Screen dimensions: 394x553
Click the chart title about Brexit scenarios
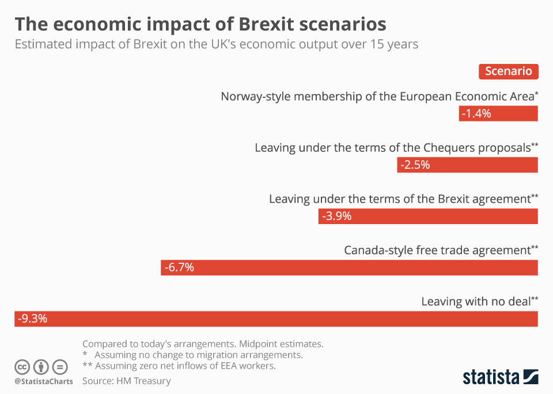[200, 24]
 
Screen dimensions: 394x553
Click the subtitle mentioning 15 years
[216, 44]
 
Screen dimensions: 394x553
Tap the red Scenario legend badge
[508, 71]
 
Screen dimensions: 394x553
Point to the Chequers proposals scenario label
[396, 148]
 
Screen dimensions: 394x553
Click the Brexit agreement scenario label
[403, 199]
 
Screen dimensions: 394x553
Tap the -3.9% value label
[337, 217]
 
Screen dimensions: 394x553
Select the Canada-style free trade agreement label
[441, 251]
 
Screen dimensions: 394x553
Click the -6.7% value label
[179, 267]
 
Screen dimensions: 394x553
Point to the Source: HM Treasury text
[127, 381]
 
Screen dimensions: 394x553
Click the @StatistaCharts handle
[44, 381]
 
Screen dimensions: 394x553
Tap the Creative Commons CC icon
[22, 367]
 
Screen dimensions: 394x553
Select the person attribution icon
[41, 367]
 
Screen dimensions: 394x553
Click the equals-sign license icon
[60, 367]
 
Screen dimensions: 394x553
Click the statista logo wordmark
[491, 377]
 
